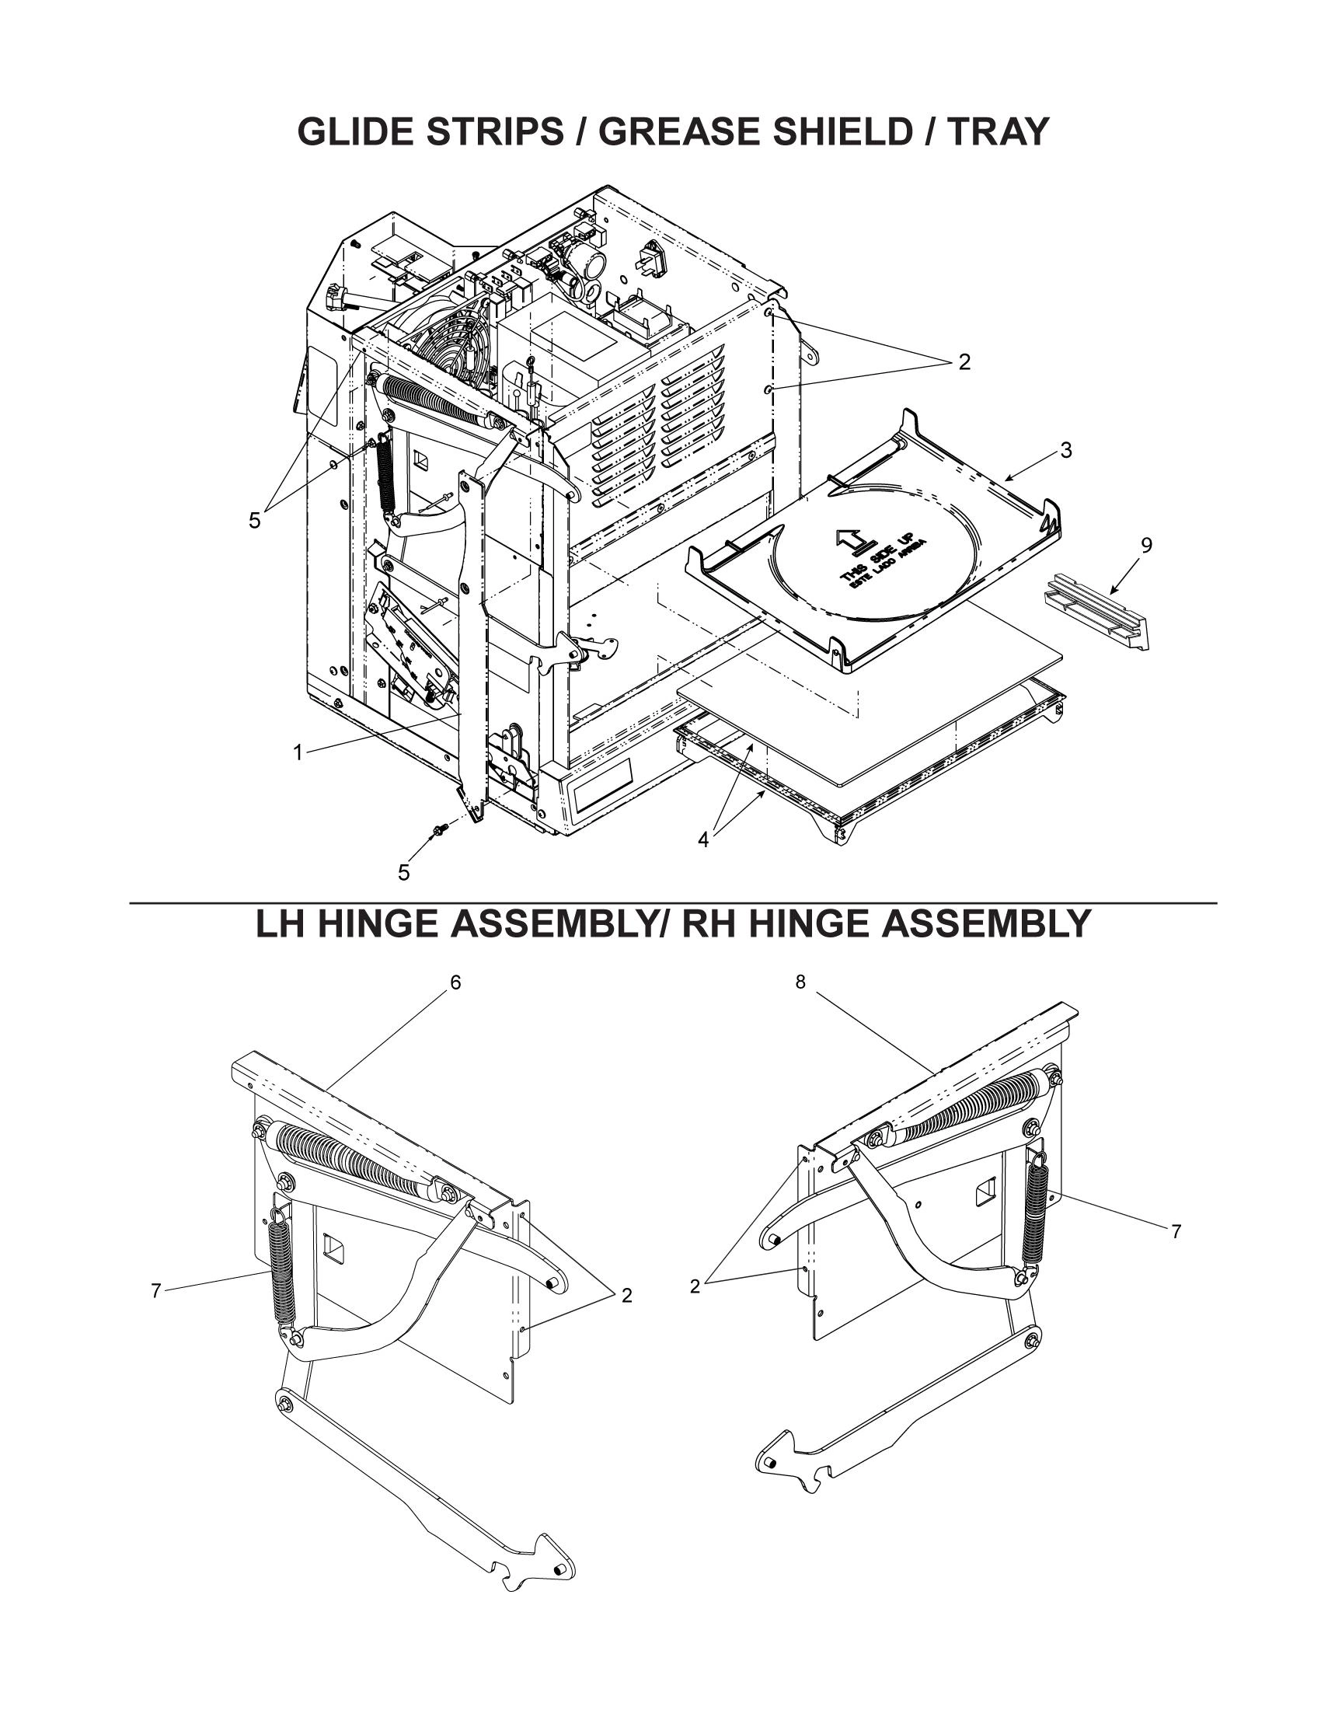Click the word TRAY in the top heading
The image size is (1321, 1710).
[997, 131]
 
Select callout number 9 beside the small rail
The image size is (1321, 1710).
[1146, 546]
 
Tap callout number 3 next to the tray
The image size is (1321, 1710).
[1066, 450]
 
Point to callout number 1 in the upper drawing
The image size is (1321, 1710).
[298, 752]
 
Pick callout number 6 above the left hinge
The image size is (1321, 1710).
[455, 982]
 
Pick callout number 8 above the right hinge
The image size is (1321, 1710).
[800, 982]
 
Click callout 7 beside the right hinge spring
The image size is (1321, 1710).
[1176, 1232]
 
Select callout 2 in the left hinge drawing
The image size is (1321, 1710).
[626, 1295]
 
